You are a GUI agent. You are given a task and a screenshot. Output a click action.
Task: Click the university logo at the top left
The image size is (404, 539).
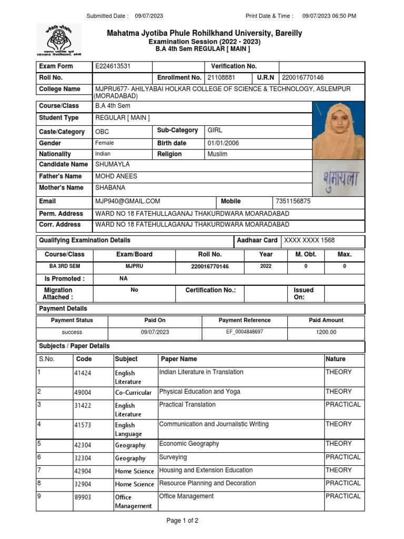click(58, 40)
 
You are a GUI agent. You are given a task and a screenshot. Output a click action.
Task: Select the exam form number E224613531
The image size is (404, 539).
click(113, 66)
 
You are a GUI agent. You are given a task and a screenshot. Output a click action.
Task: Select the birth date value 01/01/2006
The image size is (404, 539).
click(223, 143)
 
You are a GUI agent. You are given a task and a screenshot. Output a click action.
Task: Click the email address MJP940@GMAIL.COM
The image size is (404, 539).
click(128, 201)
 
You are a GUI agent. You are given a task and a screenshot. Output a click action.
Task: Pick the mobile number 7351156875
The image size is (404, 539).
click(293, 201)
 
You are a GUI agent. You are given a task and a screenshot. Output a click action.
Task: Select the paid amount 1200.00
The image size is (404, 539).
click(326, 332)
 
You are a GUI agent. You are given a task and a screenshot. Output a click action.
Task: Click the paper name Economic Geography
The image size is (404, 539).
click(189, 444)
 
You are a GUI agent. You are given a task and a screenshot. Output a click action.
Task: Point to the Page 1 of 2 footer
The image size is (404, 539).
click(183, 521)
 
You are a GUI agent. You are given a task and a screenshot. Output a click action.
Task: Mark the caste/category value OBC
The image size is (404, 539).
click(103, 132)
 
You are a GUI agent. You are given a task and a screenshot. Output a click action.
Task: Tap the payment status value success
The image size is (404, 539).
click(72, 332)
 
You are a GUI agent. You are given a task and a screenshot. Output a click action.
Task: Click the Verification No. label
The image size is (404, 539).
click(234, 66)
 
